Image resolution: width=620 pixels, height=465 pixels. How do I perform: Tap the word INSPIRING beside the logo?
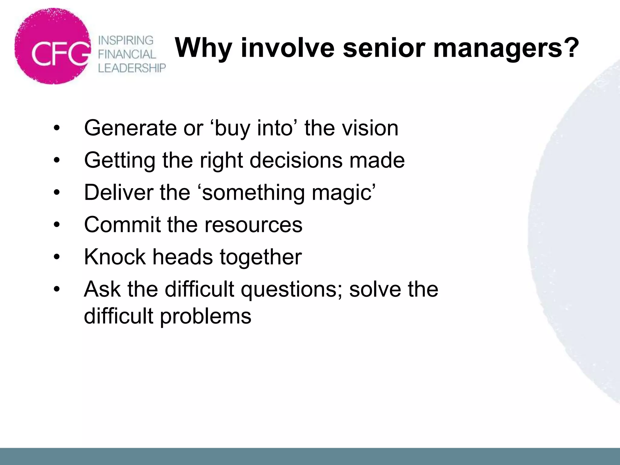pos(126,40)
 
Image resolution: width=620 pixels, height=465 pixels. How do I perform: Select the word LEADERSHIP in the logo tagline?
pos(132,68)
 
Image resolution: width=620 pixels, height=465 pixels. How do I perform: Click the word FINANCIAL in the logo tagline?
pos(127,54)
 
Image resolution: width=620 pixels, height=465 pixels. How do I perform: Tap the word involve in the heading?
pos(288,48)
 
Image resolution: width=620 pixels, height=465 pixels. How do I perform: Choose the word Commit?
pos(122,225)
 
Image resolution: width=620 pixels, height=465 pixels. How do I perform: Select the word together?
pos(261,257)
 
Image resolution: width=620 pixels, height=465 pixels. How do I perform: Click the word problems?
pos(206,316)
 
